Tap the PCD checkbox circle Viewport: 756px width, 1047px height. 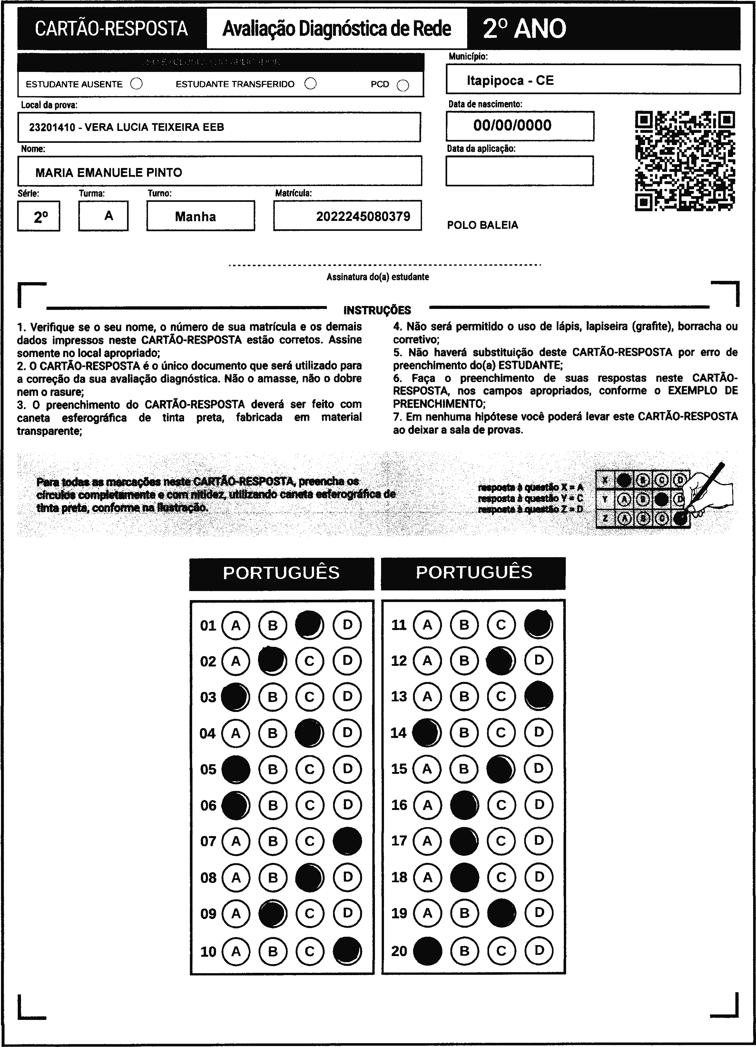tap(403, 85)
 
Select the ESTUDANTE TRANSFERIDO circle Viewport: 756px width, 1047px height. tap(310, 83)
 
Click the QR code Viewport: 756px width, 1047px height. tap(685, 161)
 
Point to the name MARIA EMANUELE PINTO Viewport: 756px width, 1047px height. tap(109, 173)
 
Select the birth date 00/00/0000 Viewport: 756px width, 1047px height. tap(512, 125)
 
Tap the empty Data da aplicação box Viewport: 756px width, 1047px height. tap(519, 171)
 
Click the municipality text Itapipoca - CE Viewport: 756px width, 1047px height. tap(510, 81)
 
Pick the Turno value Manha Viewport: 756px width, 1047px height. tap(195, 216)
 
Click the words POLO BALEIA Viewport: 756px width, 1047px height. tap(482, 225)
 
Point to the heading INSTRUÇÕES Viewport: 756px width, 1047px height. tap(377, 310)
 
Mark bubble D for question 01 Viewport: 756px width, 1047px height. tap(347, 625)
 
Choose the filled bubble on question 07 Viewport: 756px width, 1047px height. tap(347, 841)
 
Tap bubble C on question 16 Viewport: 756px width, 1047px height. tap(501, 805)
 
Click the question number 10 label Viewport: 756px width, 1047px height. tap(208, 952)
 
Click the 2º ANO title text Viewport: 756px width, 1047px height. tap(524, 29)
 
